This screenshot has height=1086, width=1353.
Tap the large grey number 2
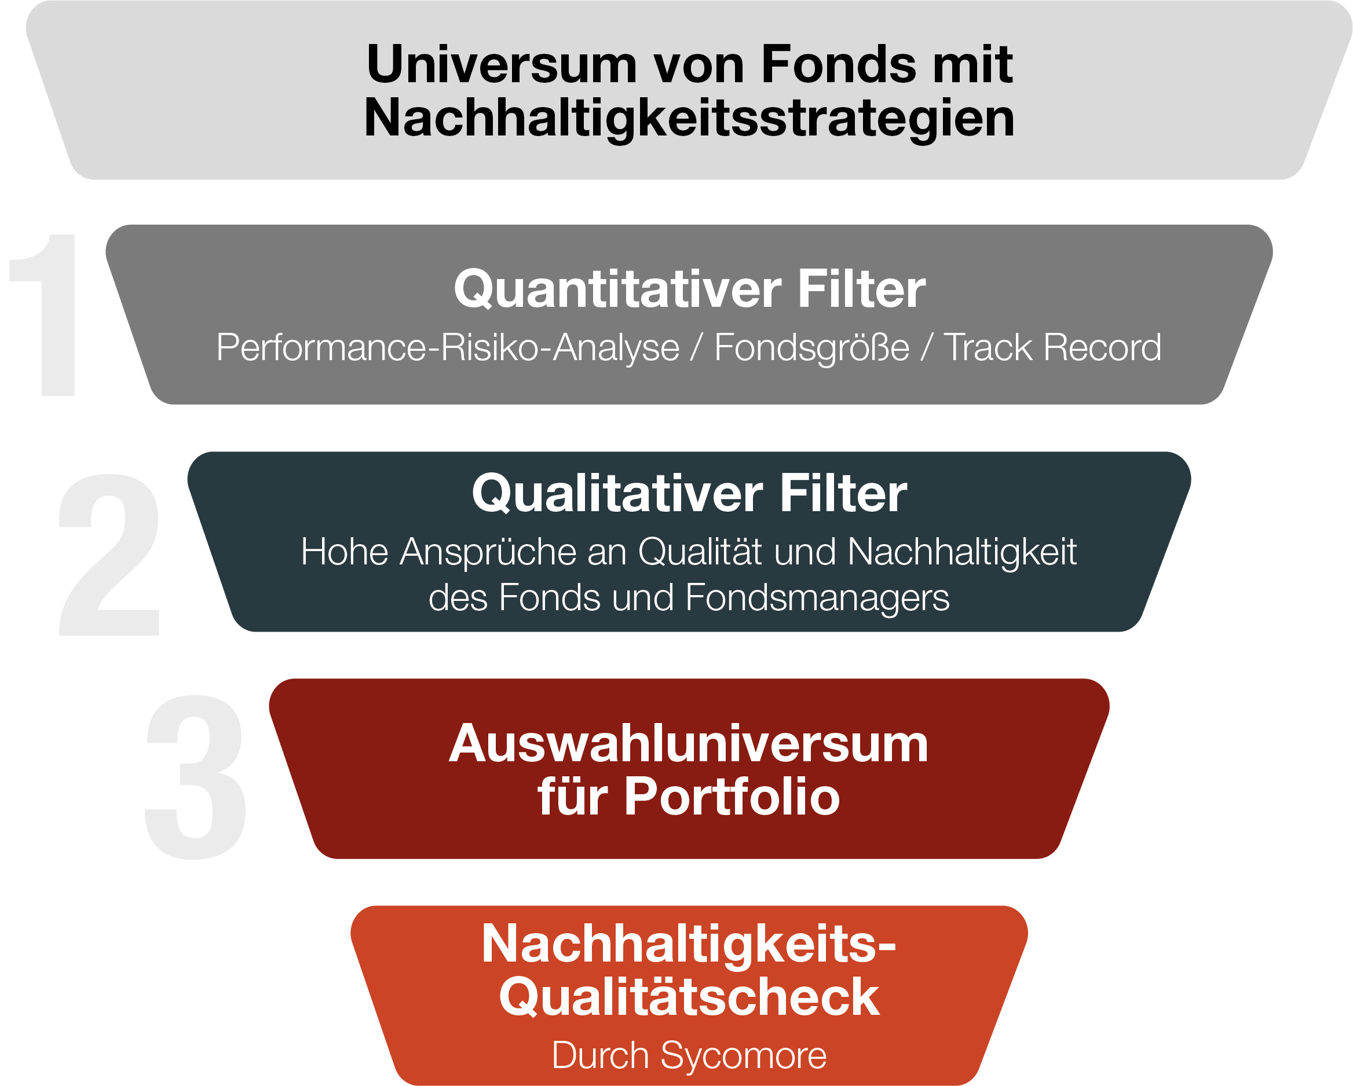click(110, 555)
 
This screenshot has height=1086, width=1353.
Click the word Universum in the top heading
click(502, 65)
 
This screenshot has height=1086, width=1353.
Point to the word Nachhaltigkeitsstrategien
click(689, 118)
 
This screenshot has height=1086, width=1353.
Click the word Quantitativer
click(617, 289)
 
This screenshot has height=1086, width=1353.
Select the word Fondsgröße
click(811, 347)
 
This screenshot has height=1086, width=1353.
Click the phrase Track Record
click(1052, 347)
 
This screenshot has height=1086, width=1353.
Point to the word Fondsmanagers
click(817, 597)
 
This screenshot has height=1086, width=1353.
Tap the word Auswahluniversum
click(689, 744)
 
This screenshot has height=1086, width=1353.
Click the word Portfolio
click(732, 797)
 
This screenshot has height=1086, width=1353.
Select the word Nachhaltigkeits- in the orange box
click(689, 944)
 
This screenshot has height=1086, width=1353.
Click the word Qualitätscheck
click(689, 997)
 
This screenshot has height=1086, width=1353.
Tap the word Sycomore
click(744, 1056)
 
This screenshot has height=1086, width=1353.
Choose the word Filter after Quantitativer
click(861, 289)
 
